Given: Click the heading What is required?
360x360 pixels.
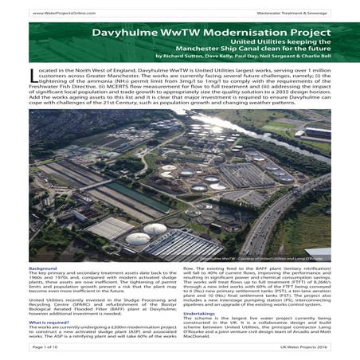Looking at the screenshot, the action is click(x=49, y=320).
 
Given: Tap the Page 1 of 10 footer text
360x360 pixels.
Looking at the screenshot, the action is click(x=50, y=347).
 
